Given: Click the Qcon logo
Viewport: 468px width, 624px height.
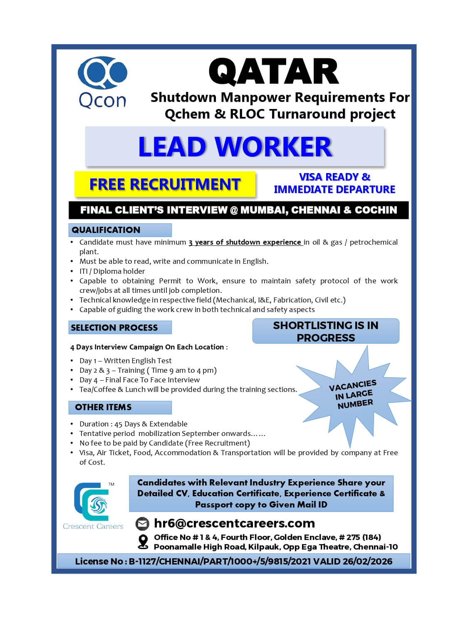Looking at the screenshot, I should (x=102, y=83).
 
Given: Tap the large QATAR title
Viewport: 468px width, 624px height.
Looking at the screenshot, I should (x=274, y=72).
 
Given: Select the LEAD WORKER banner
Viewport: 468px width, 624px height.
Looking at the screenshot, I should (x=235, y=146).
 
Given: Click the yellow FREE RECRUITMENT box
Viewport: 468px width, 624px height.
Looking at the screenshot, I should (x=165, y=184).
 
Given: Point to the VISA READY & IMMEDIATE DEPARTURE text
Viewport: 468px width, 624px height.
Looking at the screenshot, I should (x=334, y=183).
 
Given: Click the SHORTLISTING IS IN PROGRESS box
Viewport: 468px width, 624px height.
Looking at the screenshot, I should (x=326, y=331).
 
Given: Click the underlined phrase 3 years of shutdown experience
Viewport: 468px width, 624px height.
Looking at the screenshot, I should (x=245, y=242).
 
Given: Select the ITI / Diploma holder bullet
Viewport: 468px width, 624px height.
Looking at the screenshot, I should (x=112, y=271).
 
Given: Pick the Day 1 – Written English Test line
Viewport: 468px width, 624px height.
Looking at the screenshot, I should (x=125, y=361).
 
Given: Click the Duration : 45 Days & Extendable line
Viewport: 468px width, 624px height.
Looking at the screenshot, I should (x=133, y=424).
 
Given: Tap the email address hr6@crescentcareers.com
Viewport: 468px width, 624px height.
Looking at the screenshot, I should (x=234, y=523).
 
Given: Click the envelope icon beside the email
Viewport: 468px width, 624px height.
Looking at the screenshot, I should (x=143, y=524).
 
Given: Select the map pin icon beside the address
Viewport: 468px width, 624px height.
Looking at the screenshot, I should (x=143, y=542).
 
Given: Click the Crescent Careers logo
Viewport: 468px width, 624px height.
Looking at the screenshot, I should (x=93, y=506).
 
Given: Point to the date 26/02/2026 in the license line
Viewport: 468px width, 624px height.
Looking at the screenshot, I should (x=367, y=561).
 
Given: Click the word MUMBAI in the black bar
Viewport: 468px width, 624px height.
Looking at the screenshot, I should (x=263, y=210).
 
